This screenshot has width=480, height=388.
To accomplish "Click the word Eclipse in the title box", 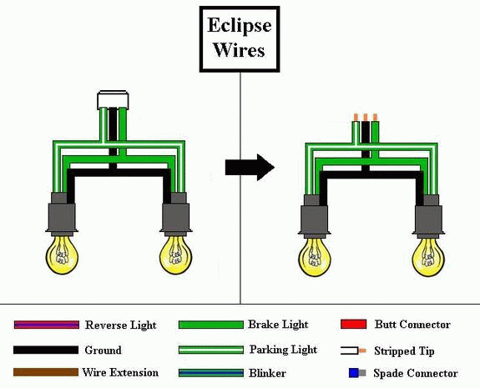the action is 240,26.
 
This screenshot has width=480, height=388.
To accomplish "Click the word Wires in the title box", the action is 240,50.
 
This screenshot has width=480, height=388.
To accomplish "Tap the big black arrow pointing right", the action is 250,167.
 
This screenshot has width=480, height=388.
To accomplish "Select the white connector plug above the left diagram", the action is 113,100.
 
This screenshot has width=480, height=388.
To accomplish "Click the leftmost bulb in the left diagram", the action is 62,254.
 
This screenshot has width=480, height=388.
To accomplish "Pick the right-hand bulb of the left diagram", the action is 176,254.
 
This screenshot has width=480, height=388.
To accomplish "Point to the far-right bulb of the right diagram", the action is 428,256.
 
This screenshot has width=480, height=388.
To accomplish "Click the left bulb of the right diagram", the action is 315,256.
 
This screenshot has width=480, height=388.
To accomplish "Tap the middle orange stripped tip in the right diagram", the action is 365,117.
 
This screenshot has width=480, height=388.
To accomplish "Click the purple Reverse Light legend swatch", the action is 47,325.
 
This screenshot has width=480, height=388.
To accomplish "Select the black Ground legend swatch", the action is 46,350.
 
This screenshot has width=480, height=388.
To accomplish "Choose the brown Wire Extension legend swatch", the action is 46,372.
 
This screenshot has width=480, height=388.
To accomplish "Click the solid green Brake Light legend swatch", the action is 211,325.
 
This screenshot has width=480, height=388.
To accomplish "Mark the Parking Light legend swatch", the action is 211,350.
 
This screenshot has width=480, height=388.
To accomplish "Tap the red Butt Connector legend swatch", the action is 354,324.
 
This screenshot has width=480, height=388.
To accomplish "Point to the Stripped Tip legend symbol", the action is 353,350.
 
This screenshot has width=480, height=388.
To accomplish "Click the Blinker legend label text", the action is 267,373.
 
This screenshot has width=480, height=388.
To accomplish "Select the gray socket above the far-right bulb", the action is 428,216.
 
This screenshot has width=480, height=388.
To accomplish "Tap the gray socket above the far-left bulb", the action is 62,214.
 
